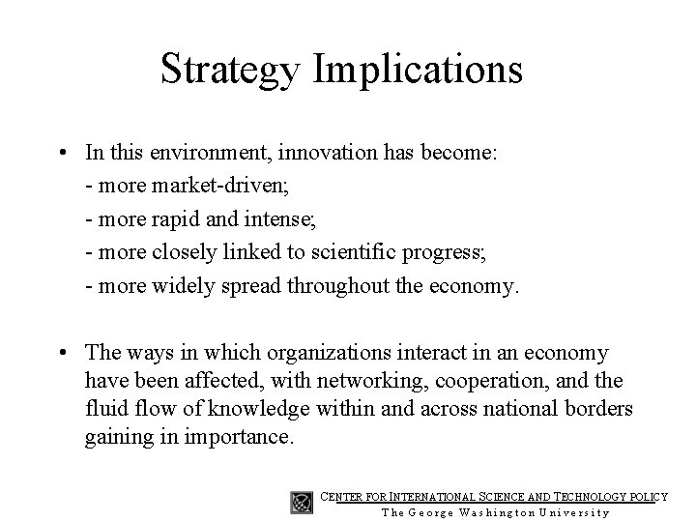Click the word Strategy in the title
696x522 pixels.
pyautogui.click(x=232, y=71)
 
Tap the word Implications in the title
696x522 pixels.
pyautogui.click(x=419, y=71)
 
